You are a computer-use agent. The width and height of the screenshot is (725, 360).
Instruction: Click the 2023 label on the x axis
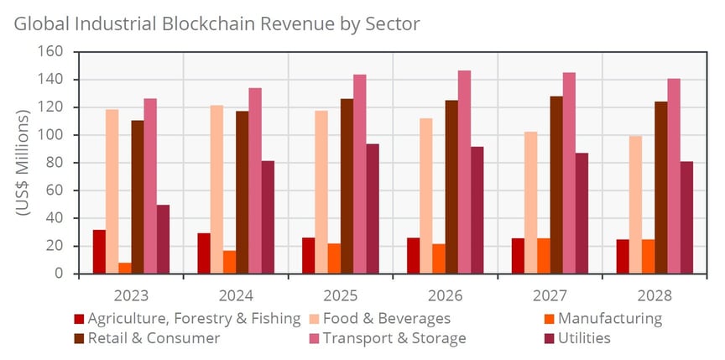(x=131, y=296)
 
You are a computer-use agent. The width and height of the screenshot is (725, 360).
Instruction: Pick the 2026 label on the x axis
(x=445, y=296)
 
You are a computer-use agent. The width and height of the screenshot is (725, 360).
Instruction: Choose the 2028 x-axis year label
(x=655, y=296)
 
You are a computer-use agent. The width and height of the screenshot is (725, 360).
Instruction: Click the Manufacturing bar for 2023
(x=125, y=268)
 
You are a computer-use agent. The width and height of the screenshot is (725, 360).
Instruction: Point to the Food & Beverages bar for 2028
(x=635, y=205)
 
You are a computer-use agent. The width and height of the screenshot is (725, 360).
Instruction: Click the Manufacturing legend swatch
(x=545, y=319)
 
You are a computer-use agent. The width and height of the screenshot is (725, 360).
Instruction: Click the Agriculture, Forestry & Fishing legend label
(x=194, y=319)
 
